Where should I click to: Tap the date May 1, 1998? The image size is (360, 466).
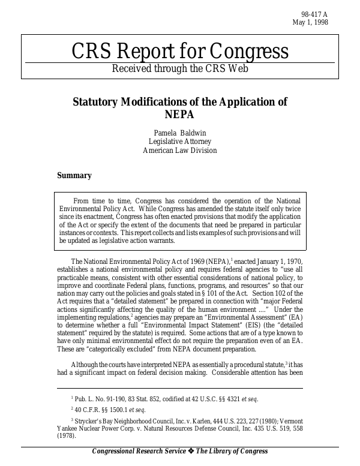[310, 23]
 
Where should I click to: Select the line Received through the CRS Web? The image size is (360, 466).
[179, 68]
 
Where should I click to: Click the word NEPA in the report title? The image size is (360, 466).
[179, 114]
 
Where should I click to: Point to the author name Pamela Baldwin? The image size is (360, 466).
[180, 131]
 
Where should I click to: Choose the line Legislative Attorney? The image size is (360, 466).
[180, 141]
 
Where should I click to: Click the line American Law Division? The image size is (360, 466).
[180, 151]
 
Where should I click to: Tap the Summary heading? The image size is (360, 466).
[74, 176]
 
